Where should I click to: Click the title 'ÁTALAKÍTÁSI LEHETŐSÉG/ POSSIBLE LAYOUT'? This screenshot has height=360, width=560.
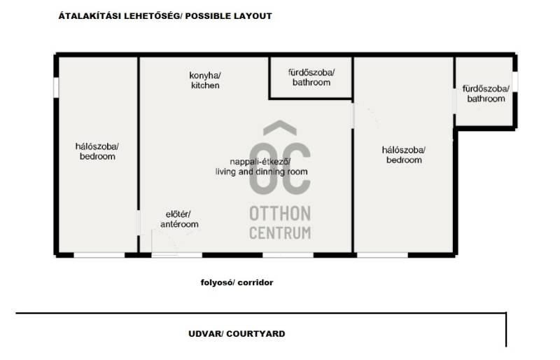tap(165, 15)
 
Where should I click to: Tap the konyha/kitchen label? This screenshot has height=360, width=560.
tap(205, 81)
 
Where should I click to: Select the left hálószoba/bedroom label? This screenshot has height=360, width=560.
tap(97, 151)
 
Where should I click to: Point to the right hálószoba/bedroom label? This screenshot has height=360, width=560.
tap(404, 155)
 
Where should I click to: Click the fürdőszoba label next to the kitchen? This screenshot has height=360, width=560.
tap(311, 77)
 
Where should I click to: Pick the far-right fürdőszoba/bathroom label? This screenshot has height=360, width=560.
tap(486, 94)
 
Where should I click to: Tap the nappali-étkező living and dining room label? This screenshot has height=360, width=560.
tap(261, 167)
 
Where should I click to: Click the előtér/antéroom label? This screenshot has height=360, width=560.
tap(179, 219)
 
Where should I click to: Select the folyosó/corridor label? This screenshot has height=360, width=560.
tap(237, 282)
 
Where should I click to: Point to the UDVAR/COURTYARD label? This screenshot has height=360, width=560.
tap(237, 333)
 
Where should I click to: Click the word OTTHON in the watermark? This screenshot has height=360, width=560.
tap(280, 214)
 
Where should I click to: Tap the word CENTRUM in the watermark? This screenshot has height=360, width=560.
tap(280, 233)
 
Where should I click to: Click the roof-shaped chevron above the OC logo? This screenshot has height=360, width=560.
tap(280, 128)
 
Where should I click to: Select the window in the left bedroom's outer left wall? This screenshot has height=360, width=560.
tap(56, 87)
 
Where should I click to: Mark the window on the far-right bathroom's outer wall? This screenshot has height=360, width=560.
tap(515, 81)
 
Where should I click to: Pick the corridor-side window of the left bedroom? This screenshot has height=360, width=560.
tap(99, 255)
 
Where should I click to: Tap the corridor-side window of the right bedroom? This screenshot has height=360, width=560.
tap(382, 255)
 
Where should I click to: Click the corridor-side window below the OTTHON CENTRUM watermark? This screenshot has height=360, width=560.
tap(288, 255)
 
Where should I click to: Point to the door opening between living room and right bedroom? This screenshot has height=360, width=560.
tap(353, 116)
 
